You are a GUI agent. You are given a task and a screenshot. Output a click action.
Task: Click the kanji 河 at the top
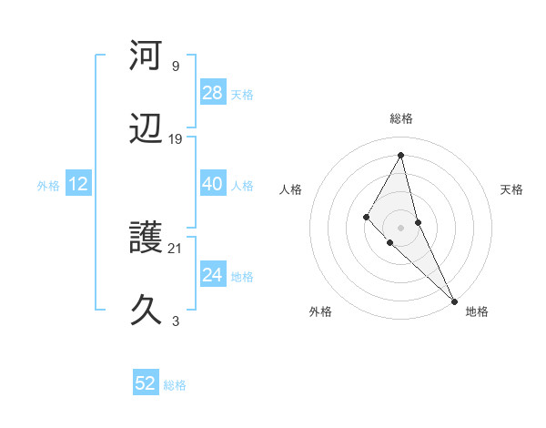(x=146, y=56)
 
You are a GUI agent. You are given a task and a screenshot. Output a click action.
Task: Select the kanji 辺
(x=146, y=129)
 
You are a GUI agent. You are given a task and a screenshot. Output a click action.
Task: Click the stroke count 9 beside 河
(x=175, y=66)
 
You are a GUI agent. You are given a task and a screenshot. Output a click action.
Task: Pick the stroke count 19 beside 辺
(x=175, y=139)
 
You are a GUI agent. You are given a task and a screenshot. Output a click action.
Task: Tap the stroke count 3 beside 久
(x=175, y=321)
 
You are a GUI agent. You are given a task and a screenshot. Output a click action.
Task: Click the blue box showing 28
(x=212, y=93)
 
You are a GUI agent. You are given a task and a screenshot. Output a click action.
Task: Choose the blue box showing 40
(x=212, y=184)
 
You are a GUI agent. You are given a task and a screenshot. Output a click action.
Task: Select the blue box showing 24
(x=212, y=275)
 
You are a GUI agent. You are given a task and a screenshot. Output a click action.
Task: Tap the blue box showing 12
(x=78, y=184)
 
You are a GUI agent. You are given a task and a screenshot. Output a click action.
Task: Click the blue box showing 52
(x=146, y=383)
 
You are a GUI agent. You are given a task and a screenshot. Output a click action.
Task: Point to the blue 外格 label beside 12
(x=48, y=186)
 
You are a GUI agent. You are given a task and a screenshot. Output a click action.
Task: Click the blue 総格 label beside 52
(x=175, y=385)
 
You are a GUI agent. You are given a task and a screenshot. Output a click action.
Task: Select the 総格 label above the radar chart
(x=400, y=118)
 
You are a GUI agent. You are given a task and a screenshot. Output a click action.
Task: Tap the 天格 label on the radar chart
(x=511, y=189)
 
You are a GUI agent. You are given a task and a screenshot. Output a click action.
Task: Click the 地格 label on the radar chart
(x=477, y=312)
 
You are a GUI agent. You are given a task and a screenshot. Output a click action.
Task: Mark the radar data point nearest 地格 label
(x=453, y=300)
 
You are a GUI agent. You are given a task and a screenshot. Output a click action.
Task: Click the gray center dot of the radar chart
(x=400, y=227)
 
